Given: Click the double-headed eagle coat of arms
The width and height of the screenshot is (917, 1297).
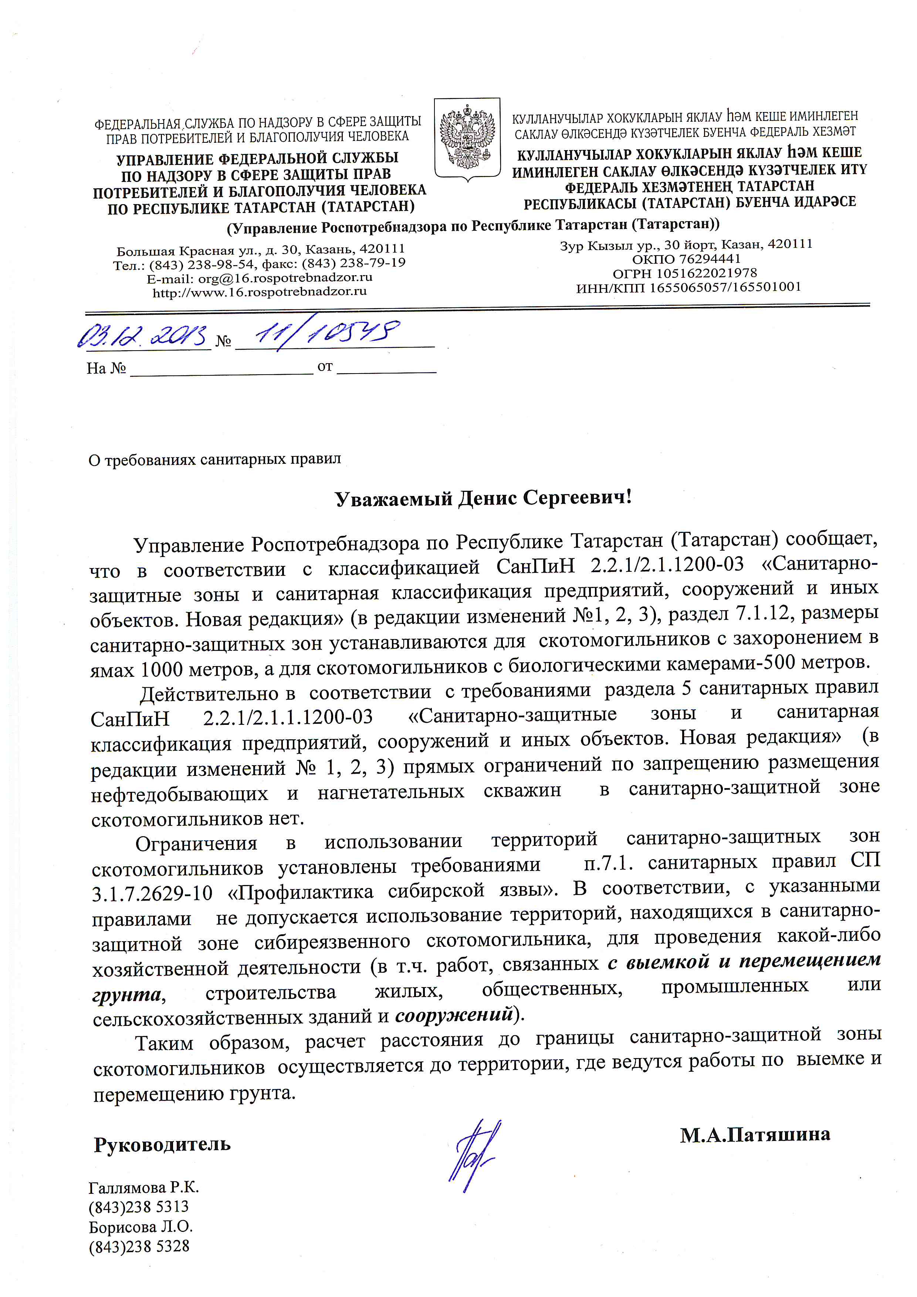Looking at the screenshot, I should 467,138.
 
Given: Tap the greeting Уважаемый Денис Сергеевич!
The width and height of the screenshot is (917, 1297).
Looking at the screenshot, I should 483,498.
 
